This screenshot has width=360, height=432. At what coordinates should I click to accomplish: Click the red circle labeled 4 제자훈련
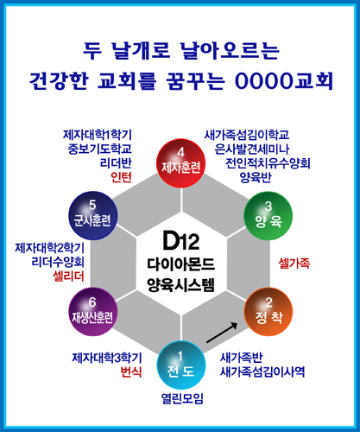[x=180, y=163]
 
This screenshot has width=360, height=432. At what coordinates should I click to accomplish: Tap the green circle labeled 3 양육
[x=268, y=216]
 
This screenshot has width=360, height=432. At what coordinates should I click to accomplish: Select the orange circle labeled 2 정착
[x=268, y=312]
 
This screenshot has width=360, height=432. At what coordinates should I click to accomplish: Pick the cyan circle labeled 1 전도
[x=181, y=365]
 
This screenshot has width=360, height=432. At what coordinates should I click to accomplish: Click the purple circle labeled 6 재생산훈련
[x=92, y=312]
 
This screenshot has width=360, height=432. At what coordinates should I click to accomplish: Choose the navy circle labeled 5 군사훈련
[x=92, y=216]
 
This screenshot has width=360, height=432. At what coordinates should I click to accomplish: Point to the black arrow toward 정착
[x=222, y=333]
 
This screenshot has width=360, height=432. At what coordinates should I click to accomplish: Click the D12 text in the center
[x=181, y=241]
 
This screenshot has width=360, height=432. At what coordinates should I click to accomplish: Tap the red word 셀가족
[x=294, y=264]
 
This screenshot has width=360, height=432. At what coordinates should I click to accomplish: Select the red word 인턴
[x=121, y=177]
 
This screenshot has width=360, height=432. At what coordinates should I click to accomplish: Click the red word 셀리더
[x=68, y=276]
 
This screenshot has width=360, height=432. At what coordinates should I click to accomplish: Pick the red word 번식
[x=131, y=372]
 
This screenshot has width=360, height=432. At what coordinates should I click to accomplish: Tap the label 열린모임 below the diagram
[x=182, y=398]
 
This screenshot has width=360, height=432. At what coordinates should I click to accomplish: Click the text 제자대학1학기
[x=98, y=135]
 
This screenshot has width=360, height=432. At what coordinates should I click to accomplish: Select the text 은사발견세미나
[x=252, y=149]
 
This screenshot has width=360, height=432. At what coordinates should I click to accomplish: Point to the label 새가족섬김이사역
[x=262, y=372]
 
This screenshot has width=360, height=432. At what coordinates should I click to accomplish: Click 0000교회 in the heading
[x=284, y=80]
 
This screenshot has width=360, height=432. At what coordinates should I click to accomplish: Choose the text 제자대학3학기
[x=107, y=358]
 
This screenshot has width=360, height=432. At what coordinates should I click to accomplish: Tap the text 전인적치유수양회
[x=268, y=163]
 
